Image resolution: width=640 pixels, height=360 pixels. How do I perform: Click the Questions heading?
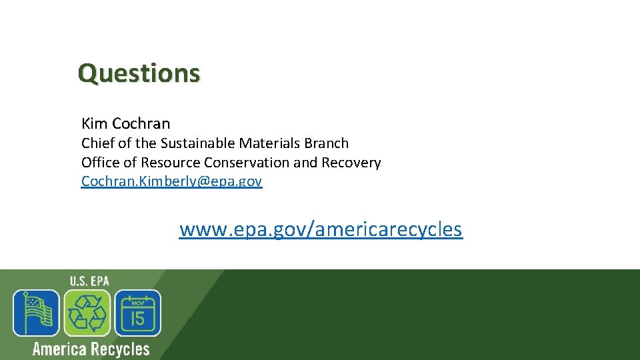click(139, 73)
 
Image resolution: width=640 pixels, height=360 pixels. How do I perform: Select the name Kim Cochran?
click(125, 123)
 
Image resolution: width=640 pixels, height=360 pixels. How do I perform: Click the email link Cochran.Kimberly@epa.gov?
click(171, 181)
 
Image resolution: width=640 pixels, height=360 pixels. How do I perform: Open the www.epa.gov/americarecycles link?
click(321, 229)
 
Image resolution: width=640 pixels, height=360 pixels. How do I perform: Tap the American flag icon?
click(36, 313)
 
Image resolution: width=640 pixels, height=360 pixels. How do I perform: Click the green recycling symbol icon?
click(87, 313)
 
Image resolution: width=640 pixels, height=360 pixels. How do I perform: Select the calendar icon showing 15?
click(137, 313)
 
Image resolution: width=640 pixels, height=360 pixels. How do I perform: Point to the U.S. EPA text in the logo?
click(89, 281)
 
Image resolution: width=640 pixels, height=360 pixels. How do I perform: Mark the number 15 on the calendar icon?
click(137, 318)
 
